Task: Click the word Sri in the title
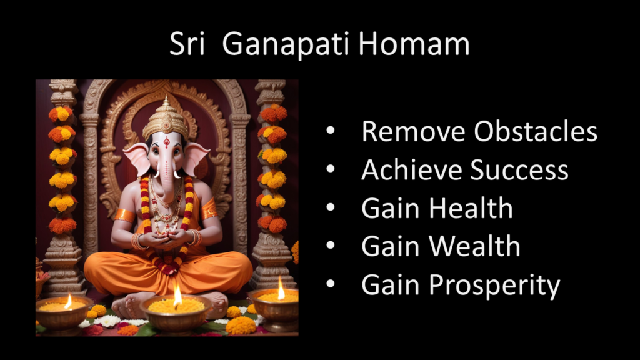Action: pos(187,44)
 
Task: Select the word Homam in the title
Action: pos(414,44)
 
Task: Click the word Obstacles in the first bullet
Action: pos(536,131)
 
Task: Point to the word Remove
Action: pos(414,131)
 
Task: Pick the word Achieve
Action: pos(412,169)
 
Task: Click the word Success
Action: pos(519,170)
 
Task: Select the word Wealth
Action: pos(475,246)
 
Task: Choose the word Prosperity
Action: pos(495,286)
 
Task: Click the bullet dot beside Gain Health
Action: pos(331,207)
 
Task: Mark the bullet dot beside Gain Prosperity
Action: pos(331,283)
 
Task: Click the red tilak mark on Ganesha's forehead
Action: pos(166,142)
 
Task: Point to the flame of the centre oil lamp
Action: pos(177,296)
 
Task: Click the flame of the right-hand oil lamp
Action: pos(281,288)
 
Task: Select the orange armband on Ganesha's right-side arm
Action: pos(209,209)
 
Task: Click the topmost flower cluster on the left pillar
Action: pos(61,114)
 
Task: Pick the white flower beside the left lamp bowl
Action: pos(107,321)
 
